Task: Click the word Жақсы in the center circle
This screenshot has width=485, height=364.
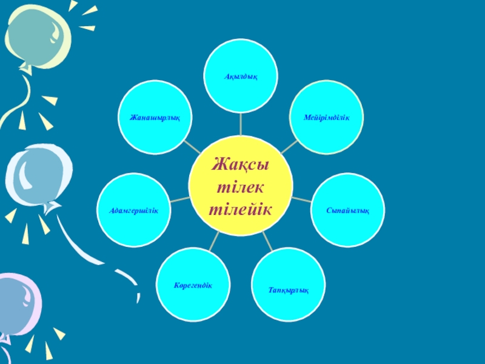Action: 241,164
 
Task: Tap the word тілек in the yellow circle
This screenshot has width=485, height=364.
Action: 241,186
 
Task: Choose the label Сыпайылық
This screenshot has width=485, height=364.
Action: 347,209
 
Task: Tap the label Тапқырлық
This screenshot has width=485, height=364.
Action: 289,290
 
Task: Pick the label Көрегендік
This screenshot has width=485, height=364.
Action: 193,285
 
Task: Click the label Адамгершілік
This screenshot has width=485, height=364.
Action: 134,210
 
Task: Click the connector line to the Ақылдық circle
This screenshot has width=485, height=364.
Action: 241,124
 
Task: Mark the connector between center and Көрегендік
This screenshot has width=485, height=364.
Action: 211,241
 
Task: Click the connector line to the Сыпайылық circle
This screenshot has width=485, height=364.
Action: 301,199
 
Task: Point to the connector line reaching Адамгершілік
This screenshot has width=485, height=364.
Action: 179,199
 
